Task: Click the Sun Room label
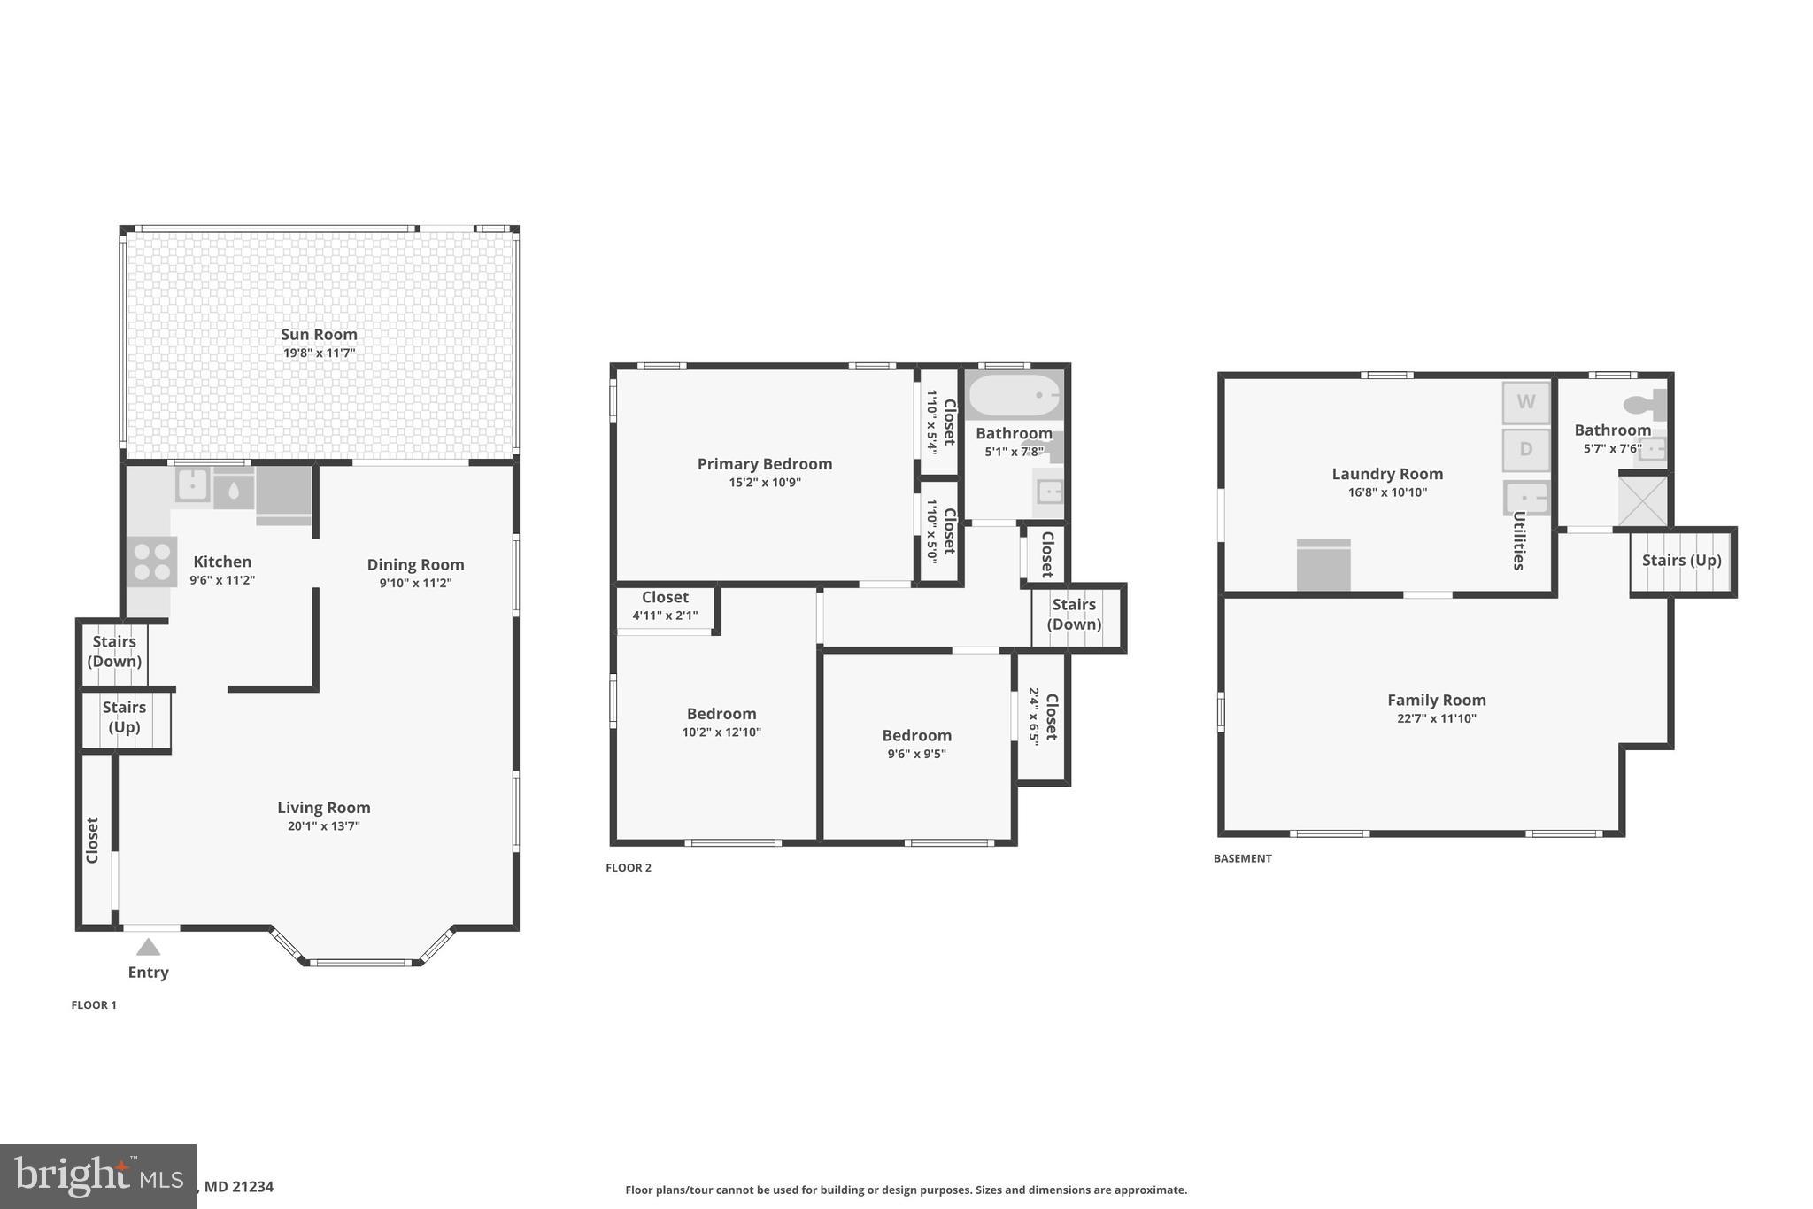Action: (319, 334)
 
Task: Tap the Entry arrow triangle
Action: (148, 948)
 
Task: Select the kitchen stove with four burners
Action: (151, 562)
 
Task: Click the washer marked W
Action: (1525, 402)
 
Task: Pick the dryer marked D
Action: (1525, 449)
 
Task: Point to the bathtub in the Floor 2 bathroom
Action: (1013, 395)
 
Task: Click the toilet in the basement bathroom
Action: (1645, 405)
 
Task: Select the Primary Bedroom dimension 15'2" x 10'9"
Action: (764, 483)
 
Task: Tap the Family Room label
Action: (1436, 700)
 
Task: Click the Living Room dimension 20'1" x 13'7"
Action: (323, 826)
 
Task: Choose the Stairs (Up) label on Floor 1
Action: (124, 717)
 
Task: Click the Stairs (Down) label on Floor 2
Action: (1074, 614)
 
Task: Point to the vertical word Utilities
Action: (1518, 540)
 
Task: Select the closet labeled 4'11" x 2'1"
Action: (665, 606)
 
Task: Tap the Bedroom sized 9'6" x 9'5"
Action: (916, 744)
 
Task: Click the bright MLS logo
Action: (97, 1176)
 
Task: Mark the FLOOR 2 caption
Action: (628, 867)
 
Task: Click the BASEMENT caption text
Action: (1242, 858)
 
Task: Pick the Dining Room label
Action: (415, 564)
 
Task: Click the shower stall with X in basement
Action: (1642, 501)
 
